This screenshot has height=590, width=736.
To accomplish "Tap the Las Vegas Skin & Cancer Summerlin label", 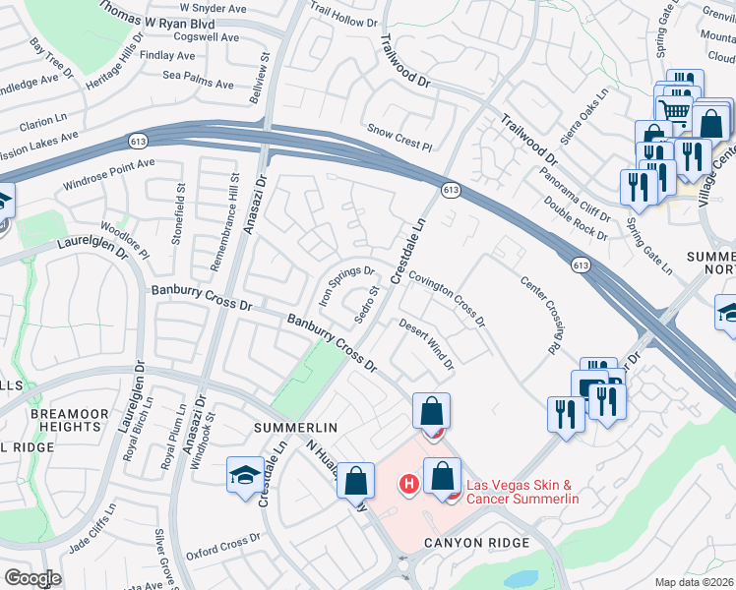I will [x=521, y=492].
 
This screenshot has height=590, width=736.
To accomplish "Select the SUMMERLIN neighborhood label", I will [x=295, y=429].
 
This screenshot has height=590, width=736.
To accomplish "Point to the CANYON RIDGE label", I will [x=476, y=543].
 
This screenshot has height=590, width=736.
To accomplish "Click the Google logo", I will [x=32, y=577].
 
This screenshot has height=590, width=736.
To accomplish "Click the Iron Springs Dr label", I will [x=345, y=285].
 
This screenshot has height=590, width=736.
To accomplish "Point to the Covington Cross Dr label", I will [x=447, y=301].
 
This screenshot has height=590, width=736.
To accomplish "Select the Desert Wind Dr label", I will [x=426, y=345].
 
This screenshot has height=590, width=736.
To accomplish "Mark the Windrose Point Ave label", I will [x=109, y=174].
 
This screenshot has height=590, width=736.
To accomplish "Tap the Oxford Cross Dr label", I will [x=227, y=541].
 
